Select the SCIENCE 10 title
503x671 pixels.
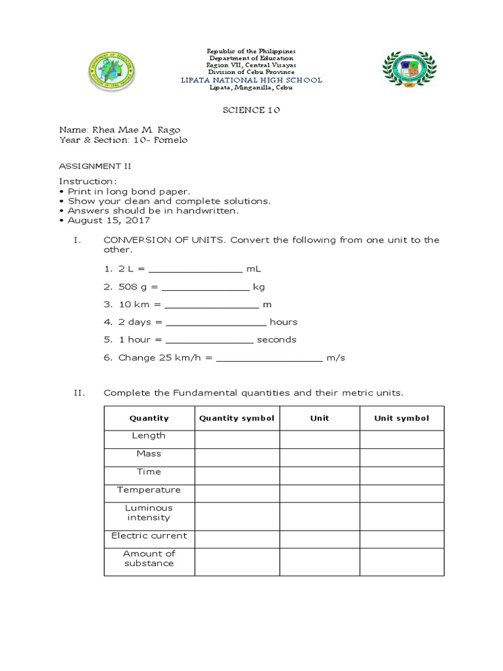pos(252,111)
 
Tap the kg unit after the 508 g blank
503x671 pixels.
pos(259,287)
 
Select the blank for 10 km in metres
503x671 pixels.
pos(212,305)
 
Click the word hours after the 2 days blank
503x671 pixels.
pos(284,322)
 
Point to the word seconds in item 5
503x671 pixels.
pos(276,339)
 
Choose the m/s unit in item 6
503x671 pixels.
pos(336,357)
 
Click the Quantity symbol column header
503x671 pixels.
pos(237,418)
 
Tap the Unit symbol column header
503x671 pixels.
pos(401,418)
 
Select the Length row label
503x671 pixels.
pos(149,436)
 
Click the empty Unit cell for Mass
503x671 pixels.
pos(320,457)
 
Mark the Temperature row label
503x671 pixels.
pos(149,489)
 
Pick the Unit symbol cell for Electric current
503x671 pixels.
pos(401,539)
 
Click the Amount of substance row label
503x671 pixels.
pos(149,558)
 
